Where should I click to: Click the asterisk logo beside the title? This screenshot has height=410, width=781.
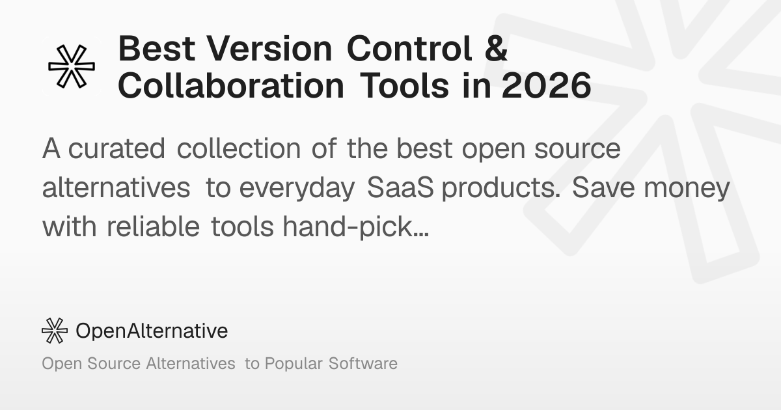[x=72, y=66]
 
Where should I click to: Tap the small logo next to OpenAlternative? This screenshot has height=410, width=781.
[x=55, y=331]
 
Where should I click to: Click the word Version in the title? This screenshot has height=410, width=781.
[x=269, y=49]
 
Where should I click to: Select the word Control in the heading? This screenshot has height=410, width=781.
[x=409, y=48]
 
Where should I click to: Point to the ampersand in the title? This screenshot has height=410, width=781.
[x=495, y=48]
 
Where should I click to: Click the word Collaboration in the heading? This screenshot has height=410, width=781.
[x=232, y=85]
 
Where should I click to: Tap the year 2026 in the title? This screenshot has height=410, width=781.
[x=546, y=85]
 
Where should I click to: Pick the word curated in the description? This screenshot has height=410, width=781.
[x=116, y=148]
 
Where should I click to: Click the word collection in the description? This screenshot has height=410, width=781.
[x=239, y=148]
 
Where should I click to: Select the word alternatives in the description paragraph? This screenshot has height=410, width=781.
[x=116, y=187]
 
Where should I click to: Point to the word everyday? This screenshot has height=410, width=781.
[x=297, y=189]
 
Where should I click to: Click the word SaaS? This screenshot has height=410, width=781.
[x=400, y=187]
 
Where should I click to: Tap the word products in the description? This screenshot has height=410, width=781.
[x=501, y=189]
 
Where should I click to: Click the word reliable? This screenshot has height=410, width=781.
[x=153, y=226]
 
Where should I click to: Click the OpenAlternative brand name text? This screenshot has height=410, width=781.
[x=152, y=331]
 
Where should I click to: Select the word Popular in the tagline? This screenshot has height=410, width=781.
[x=294, y=364]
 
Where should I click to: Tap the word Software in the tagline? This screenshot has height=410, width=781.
[x=363, y=363]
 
